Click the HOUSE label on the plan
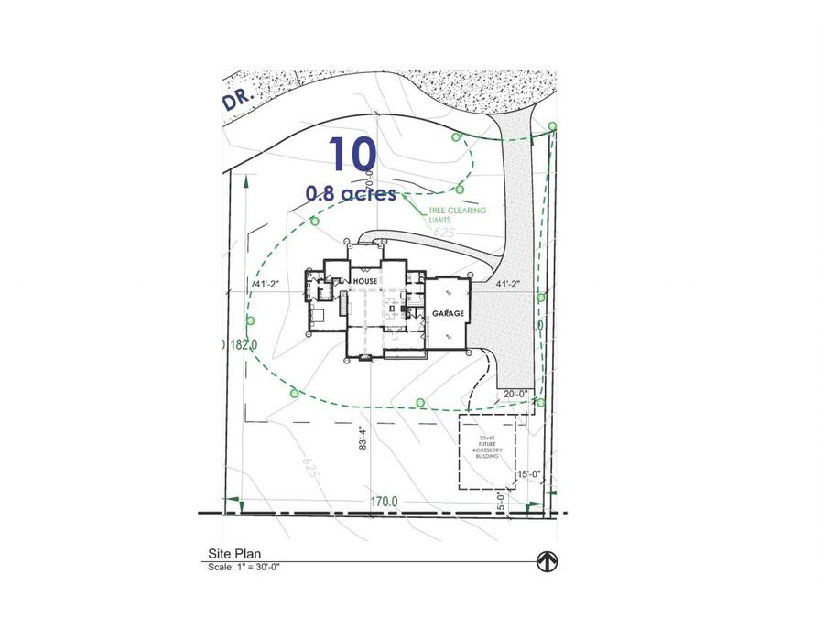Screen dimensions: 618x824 tap(365, 281)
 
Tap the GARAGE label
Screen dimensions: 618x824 tap(449, 313)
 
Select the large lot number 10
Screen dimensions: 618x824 tap(349, 155)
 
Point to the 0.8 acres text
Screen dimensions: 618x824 tap(352, 194)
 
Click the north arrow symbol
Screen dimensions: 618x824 tap(547, 560)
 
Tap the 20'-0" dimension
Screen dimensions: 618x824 tap(517, 395)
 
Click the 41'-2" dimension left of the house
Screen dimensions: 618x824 tap(266, 285)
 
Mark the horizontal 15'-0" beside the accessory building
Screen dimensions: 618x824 tap(529, 473)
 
